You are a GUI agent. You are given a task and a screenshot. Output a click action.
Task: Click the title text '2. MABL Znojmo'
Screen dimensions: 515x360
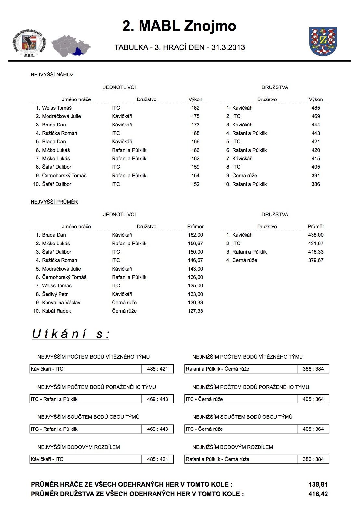(x=179, y=26)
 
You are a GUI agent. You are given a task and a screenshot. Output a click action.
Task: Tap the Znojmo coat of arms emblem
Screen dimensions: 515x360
(x=323, y=41)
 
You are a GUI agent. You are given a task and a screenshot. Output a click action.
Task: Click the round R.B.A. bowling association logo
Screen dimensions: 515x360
(x=29, y=43)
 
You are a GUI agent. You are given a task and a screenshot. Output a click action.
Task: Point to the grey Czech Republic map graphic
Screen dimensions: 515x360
(x=71, y=46)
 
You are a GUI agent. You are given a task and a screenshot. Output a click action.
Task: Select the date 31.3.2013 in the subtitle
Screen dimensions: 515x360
(x=228, y=47)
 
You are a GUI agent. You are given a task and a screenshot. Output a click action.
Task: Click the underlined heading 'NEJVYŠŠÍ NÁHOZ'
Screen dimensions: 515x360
(x=52, y=75)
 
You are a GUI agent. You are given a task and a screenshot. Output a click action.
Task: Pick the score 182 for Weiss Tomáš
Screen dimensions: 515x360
(x=195, y=108)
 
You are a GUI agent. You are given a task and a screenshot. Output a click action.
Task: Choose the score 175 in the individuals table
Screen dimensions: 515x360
(x=195, y=116)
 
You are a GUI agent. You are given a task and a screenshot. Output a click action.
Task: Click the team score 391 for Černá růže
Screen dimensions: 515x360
(x=315, y=176)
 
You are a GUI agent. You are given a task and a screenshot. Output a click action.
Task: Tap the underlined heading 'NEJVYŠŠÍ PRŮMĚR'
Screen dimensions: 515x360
(x=54, y=202)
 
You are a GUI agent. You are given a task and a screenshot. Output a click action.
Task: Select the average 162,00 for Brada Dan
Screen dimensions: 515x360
(x=195, y=235)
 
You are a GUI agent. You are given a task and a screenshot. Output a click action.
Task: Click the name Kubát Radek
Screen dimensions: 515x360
(x=56, y=311)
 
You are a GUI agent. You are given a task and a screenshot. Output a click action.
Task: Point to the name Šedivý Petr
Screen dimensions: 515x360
(x=55, y=294)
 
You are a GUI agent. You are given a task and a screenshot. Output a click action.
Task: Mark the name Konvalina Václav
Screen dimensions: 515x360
(x=61, y=303)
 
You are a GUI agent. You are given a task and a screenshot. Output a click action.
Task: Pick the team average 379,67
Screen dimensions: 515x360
(x=315, y=260)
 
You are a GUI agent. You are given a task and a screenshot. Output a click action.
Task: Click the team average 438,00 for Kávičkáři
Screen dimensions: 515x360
(x=315, y=235)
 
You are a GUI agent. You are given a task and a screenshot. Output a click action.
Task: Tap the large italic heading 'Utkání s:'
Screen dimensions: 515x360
(x=71, y=334)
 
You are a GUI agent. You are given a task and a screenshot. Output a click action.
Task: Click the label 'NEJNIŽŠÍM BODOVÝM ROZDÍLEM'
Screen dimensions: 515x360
(x=233, y=447)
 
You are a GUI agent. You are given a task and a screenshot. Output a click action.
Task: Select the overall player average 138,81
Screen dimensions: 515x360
(x=318, y=485)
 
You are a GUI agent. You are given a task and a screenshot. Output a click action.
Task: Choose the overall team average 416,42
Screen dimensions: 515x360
(x=318, y=494)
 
